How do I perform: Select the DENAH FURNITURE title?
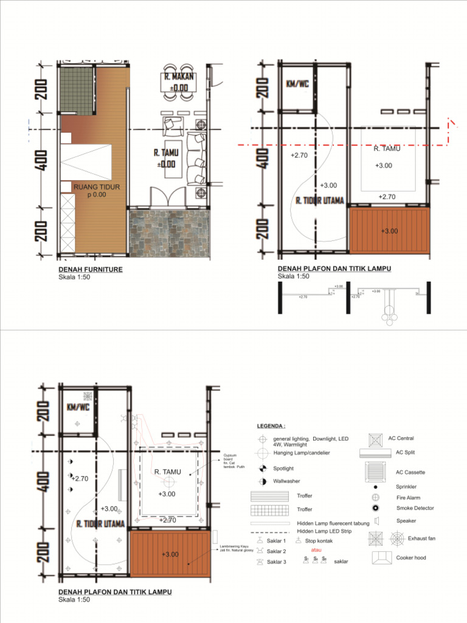tap(91, 269)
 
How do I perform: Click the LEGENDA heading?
tap(271, 426)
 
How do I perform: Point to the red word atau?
tap(316, 550)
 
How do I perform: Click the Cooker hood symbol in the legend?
tap(382, 557)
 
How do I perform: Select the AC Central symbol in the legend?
tap(375, 439)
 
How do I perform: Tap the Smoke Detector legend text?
tap(415, 508)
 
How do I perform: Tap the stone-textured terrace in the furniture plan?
tap(169, 232)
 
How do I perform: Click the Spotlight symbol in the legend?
tap(263, 468)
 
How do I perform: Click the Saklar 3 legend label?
tap(276, 562)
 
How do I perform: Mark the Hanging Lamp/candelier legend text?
tap(302, 453)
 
